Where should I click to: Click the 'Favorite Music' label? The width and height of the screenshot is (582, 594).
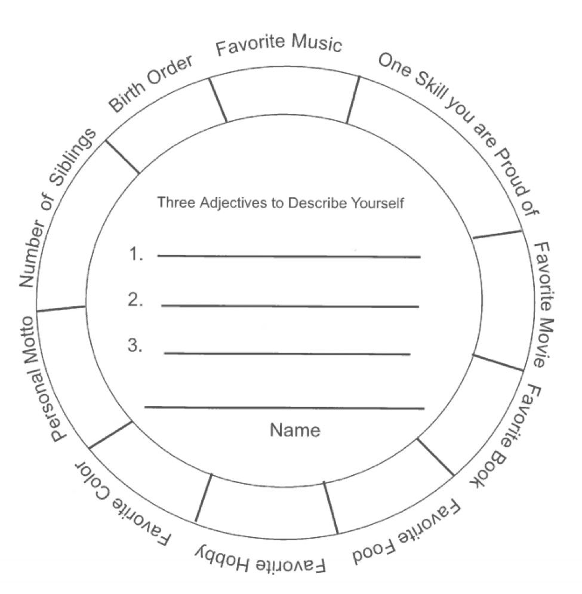279,45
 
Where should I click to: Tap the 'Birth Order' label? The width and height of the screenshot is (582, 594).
150,84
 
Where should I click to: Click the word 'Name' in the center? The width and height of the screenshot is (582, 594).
295,430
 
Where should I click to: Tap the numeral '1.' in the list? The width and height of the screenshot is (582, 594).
136,255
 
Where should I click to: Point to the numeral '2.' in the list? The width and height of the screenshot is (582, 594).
136,301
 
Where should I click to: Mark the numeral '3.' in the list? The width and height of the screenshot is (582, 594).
135,346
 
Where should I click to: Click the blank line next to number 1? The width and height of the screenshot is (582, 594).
289,257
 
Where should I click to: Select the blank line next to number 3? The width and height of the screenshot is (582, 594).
287,354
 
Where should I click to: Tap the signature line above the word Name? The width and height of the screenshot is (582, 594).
284,408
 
